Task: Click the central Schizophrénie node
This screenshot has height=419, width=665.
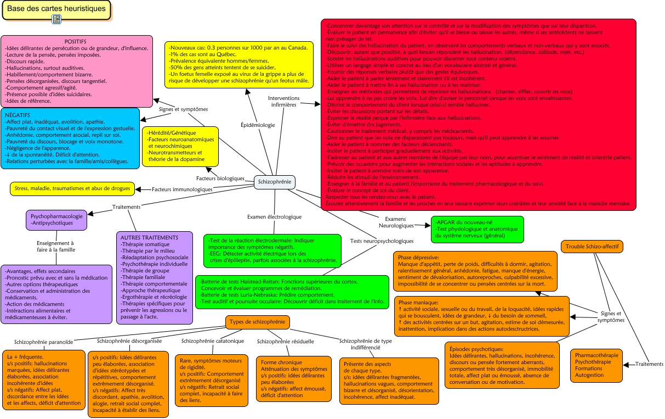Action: [x=275, y=182]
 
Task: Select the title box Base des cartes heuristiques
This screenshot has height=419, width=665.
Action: [x=56, y=9]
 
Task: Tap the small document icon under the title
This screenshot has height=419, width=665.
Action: [x=56, y=20]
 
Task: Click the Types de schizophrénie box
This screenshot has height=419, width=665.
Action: [x=258, y=322]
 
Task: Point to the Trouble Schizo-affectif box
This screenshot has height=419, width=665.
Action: [x=592, y=247]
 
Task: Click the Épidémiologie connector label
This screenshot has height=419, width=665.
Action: [x=258, y=125]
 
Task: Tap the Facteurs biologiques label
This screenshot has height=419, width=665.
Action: [x=220, y=178]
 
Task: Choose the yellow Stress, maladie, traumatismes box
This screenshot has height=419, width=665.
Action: [x=72, y=188]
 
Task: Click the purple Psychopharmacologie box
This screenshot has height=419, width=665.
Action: [x=56, y=220]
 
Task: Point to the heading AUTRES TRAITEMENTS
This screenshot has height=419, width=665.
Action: [x=150, y=238]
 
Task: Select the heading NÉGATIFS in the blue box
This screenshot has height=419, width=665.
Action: [x=18, y=115]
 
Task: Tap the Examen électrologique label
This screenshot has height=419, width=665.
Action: [x=274, y=217]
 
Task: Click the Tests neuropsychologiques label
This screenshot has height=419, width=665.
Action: [x=382, y=241]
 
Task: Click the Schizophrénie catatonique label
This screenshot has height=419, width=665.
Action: [x=212, y=341]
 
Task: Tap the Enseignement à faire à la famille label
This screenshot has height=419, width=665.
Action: [x=55, y=246]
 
